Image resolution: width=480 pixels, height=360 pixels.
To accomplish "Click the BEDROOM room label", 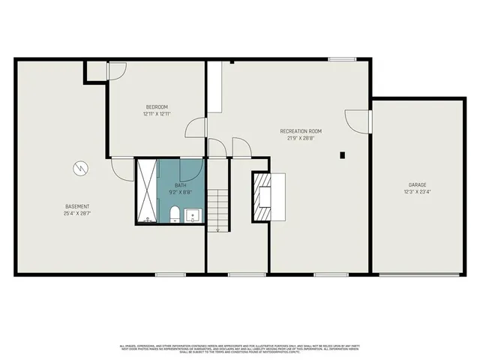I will tap(157, 106).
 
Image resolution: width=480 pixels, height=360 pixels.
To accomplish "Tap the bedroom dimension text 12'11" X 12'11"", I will tap(157, 114).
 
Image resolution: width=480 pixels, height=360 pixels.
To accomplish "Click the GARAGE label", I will tap(418, 184).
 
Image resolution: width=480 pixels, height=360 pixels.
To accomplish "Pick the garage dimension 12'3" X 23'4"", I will tap(418, 192).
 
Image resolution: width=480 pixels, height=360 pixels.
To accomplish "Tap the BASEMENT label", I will tap(77, 206).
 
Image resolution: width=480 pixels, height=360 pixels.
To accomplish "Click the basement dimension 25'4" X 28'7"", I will tap(77, 214).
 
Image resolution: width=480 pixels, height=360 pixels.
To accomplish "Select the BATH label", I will tap(181, 184).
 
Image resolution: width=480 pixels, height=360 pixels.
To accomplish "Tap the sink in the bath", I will tap(193, 216).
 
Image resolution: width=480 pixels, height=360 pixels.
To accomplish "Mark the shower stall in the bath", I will tap(148, 191).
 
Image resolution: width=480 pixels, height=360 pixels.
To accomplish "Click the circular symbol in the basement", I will tap(79, 169).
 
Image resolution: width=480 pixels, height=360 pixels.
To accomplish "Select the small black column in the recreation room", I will tap(342, 155).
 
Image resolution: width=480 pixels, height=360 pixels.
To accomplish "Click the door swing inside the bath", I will tap(193, 168).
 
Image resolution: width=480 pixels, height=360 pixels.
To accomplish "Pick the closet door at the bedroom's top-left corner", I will tap(117, 70).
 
